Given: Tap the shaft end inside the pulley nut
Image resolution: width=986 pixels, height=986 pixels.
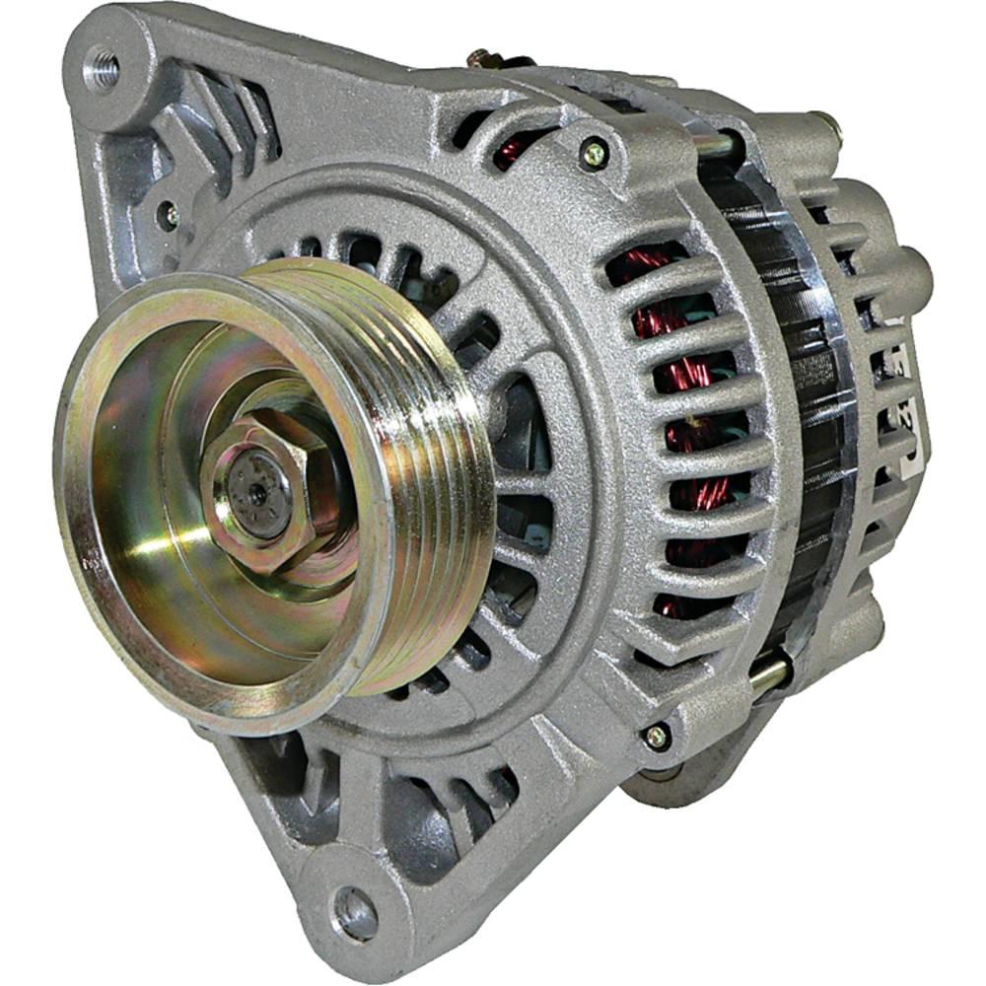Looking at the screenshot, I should point(258,492).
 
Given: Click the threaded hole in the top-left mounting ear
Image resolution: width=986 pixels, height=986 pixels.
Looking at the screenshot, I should point(103,68).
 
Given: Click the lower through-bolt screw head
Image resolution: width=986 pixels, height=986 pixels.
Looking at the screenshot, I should point(654,736).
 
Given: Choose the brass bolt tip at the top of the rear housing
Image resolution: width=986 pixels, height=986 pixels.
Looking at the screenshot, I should point(826,123).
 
